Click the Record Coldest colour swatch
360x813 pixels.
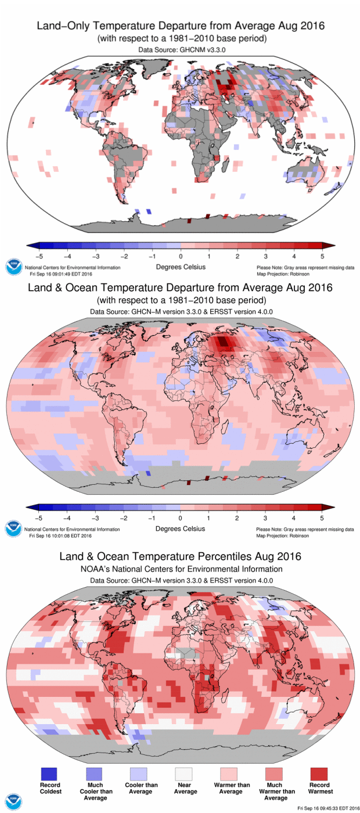coord(49,773)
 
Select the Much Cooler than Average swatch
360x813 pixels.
coord(93,773)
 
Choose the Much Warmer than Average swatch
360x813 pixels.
coord(276,773)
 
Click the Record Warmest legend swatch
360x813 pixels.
coord(320,773)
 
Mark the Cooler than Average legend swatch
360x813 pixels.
coord(140,773)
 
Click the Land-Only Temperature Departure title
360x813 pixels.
coord(180,26)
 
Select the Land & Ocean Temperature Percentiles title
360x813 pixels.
coord(180,556)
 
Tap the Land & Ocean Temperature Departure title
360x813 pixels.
coord(180,288)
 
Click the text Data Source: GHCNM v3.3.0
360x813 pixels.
coord(180,51)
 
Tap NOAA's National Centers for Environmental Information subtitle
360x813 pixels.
coord(180,569)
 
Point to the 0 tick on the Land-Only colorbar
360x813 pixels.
coord(181,256)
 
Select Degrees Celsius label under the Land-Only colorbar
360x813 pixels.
coord(180,267)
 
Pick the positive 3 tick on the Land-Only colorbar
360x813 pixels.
coord(265,256)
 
